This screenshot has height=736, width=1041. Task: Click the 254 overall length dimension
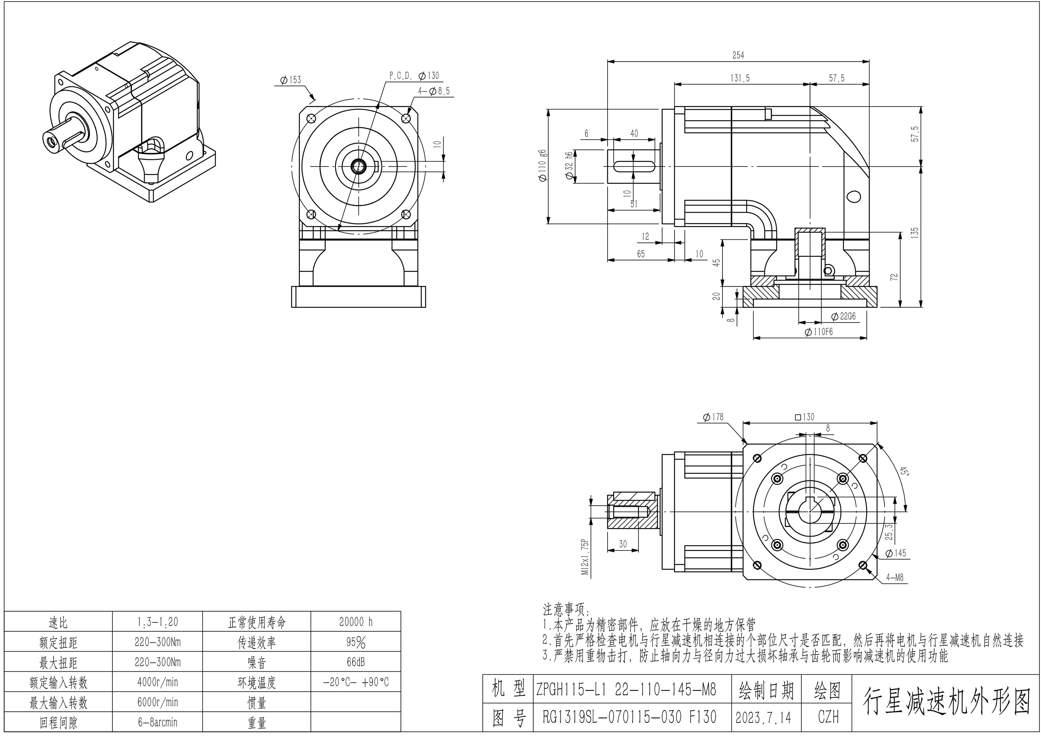click(x=738, y=55)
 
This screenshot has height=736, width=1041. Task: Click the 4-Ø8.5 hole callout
click(x=434, y=91)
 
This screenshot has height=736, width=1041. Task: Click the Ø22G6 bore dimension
click(x=843, y=316)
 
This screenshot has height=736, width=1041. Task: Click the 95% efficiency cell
click(x=356, y=642)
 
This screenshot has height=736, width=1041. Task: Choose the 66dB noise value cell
click(x=356, y=662)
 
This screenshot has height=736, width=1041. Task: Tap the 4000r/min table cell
click(x=157, y=682)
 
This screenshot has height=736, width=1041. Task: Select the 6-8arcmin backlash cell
click(x=157, y=722)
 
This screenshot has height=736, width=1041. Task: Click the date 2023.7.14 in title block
click(x=763, y=717)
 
